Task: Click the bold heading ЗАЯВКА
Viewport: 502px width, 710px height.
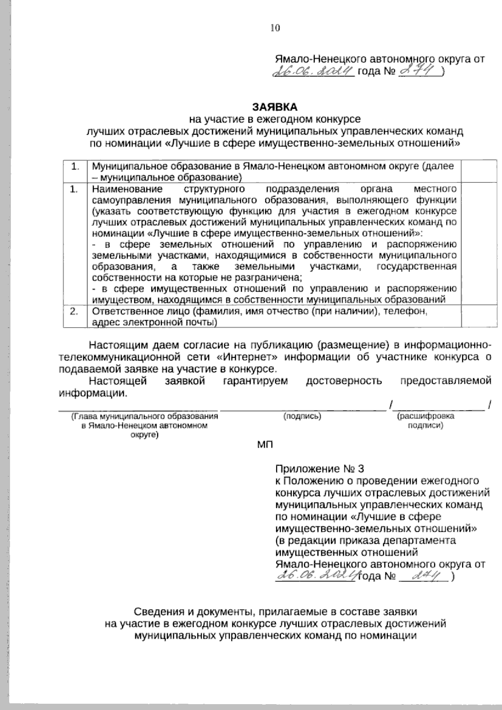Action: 274,108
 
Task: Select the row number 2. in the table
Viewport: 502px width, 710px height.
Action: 74,312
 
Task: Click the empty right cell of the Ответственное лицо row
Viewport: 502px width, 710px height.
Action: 479,317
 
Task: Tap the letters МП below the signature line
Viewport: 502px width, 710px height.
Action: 264,444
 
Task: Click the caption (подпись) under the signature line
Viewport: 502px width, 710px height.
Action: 302,416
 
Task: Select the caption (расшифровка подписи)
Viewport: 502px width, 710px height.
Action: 425,421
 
